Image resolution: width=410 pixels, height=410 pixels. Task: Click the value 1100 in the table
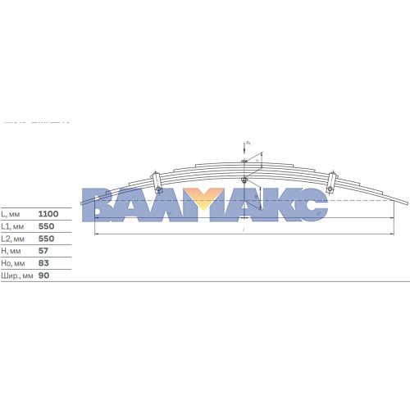click(48, 212)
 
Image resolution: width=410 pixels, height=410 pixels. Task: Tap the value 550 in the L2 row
click(46, 238)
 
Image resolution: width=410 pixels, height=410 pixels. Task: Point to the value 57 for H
click(43, 251)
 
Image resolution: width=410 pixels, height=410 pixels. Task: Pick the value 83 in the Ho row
click(43, 263)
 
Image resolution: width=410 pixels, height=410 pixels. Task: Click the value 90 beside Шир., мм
click(43, 276)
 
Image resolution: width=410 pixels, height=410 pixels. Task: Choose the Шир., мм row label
click(16, 276)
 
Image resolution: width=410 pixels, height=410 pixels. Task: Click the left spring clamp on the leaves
click(157, 181)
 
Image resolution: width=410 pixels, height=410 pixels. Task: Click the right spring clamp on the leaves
click(331, 183)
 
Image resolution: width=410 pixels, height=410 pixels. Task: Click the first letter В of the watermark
click(100, 205)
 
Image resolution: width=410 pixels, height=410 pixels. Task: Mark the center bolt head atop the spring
click(245, 162)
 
